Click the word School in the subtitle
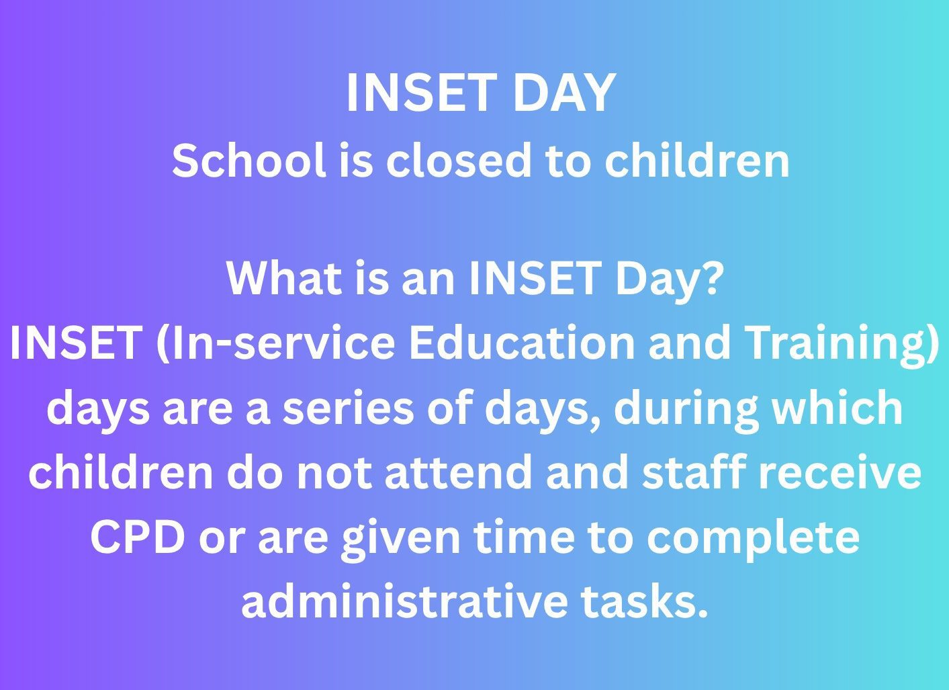pyautogui.click(x=248, y=160)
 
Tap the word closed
pyautogui.click(x=458, y=160)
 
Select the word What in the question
pyautogui.click(x=284, y=278)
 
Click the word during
pyautogui.click(x=685, y=411)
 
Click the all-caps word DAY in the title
pyautogui.click(x=564, y=93)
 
